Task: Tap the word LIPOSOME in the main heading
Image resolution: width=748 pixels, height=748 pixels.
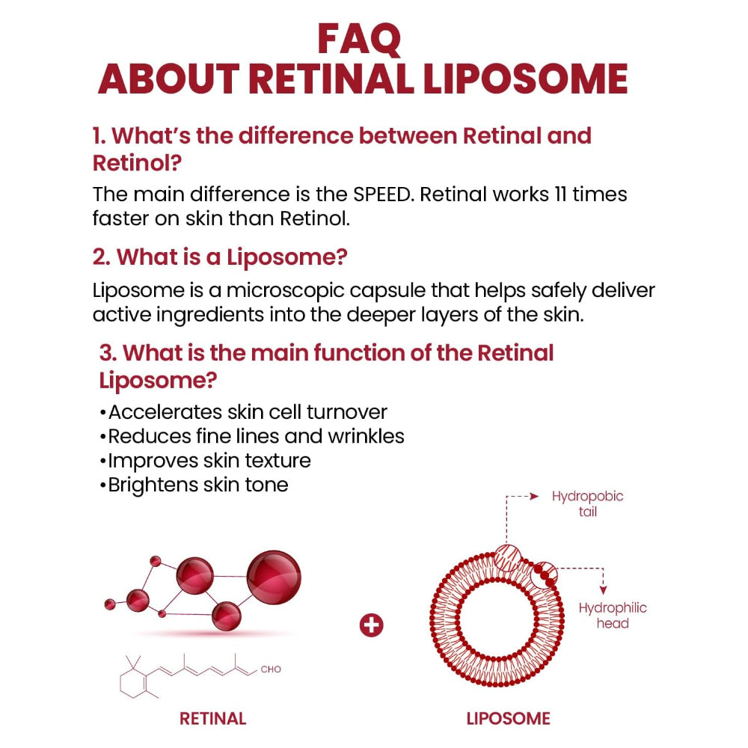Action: pos(526,79)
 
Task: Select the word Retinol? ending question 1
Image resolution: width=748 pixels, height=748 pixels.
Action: pos(137,162)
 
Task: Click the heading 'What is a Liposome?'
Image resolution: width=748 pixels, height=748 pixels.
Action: pos(221,257)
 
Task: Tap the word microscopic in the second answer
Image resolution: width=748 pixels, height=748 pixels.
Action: pos(255,290)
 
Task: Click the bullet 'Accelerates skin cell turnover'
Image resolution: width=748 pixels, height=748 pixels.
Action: pos(243,412)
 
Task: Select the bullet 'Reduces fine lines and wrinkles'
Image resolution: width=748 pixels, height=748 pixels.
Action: pos(251,436)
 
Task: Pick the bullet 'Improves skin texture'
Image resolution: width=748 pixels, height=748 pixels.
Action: pos(205,460)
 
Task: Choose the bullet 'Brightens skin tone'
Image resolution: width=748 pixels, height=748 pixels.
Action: pos(194,485)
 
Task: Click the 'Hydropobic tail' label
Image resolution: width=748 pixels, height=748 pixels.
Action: pos(587,504)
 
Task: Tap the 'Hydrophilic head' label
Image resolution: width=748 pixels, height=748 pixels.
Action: pos(613,616)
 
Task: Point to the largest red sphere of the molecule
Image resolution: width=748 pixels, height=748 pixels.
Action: pos(274,577)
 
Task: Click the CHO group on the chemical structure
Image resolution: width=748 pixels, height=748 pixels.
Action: pos(271,669)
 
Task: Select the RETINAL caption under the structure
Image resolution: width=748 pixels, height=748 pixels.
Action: pos(213,719)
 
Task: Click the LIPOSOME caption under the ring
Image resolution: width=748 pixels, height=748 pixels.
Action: pos(509,719)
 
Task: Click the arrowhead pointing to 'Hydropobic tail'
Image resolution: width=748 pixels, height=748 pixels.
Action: pos(534,495)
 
